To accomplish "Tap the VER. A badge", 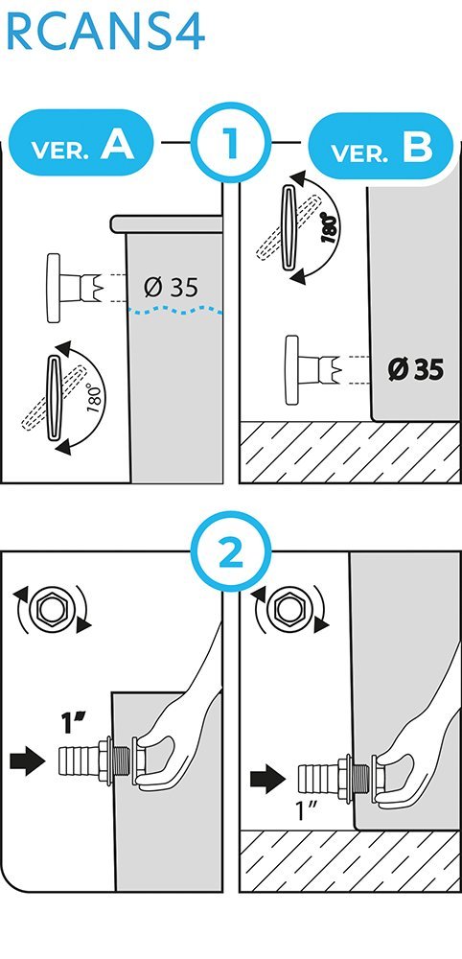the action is pos(82,143).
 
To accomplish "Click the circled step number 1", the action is pos(230,143).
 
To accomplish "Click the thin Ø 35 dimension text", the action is pos(172,287).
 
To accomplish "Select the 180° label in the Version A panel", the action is pos(94,398).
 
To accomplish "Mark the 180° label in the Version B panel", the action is pos(329,229).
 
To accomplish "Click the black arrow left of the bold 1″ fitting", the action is pos(28,761).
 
